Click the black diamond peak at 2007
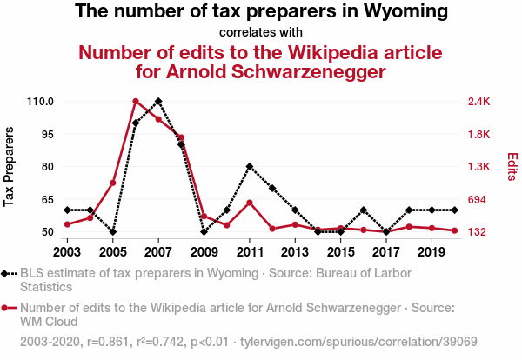pyautogui.click(x=158, y=101)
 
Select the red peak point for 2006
pyautogui.click(x=136, y=101)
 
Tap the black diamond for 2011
pyautogui.click(x=250, y=166)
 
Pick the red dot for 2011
pyautogui.click(x=250, y=203)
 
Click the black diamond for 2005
pyautogui.click(x=113, y=232)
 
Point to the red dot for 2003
pyautogui.click(x=67, y=224)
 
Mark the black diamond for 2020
pyautogui.click(x=454, y=210)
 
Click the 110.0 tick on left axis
pyautogui.click(x=40, y=102)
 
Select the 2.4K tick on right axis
pyautogui.click(x=479, y=102)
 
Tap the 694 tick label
pyautogui.click(x=477, y=200)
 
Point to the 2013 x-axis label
pyautogui.click(x=295, y=252)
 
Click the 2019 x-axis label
pyautogui.click(x=432, y=252)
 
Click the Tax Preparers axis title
pyautogui.click(x=10, y=167)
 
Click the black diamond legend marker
pyautogui.click(x=8, y=273)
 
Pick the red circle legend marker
pyautogui.click(x=8, y=307)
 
